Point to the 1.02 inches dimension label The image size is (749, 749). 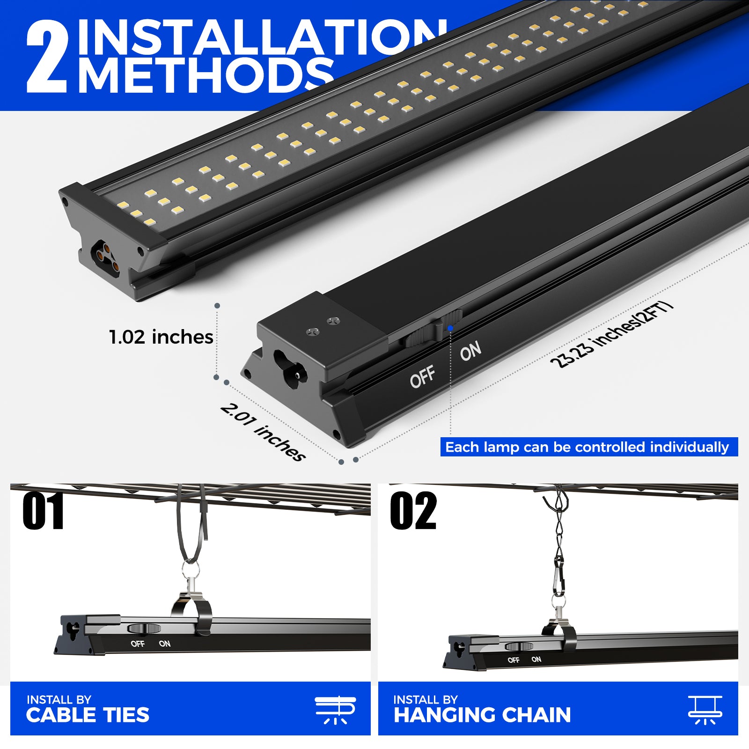pyautogui.click(x=161, y=337)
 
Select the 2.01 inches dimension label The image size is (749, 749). pyautogui.click(x=263, y=432)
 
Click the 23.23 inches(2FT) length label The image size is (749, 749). pyautogui.click(x=611, y=335)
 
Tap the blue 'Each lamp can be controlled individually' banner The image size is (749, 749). pyautogui.click(x=589, y=447)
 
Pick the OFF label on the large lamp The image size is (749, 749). pyautogui.click(x=423, y=377)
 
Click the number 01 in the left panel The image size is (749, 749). pyautogui.click(x=43, y=511)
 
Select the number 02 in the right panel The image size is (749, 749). pyautogui.click(x=413, y=511)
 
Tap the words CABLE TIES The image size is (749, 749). pyautogui.click(x=88, y=715)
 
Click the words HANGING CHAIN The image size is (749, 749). pyautogui.click(x=482, y=715)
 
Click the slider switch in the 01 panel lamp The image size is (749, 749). pyautogui.click(x=144, y=628)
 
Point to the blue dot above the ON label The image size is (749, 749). pyautogui.click(x=450, y=328)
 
